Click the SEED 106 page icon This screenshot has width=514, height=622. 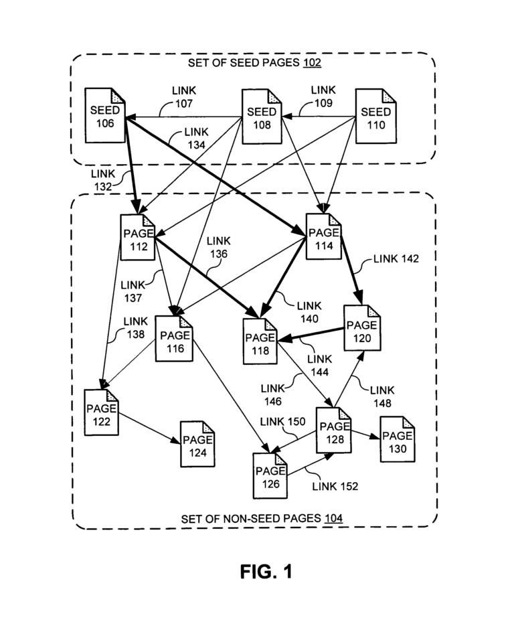[105, 116]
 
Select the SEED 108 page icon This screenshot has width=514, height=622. [261, 119]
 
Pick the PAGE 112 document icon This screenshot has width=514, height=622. [139, 241]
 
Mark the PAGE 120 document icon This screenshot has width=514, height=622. [362, 331]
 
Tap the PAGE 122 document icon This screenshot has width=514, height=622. [102, 415]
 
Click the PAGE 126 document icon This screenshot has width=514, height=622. [270, 475]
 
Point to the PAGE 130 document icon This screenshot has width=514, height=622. [397, 441]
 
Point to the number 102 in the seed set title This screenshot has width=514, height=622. [312, 64]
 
